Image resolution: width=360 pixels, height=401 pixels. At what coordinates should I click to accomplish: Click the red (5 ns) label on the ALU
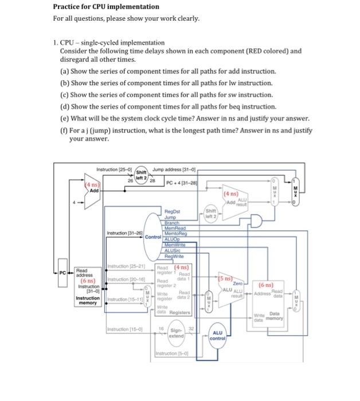point(225,278)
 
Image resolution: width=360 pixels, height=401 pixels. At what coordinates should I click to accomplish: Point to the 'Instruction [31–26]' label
point(124,233)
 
